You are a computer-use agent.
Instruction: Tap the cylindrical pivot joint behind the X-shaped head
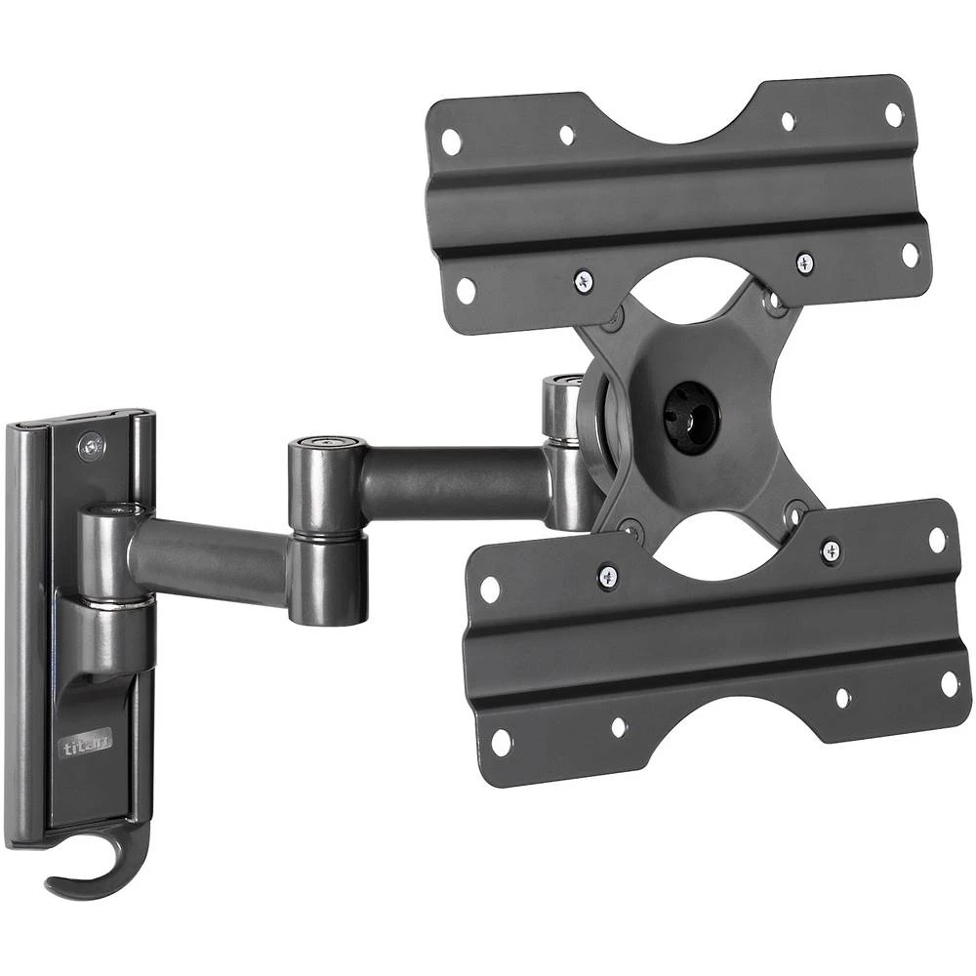point(562,435)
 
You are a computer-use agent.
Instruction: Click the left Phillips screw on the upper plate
point(585,280)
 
